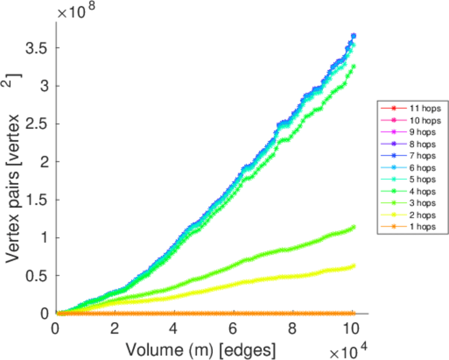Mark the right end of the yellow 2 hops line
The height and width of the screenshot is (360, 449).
(x=354, y=266)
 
